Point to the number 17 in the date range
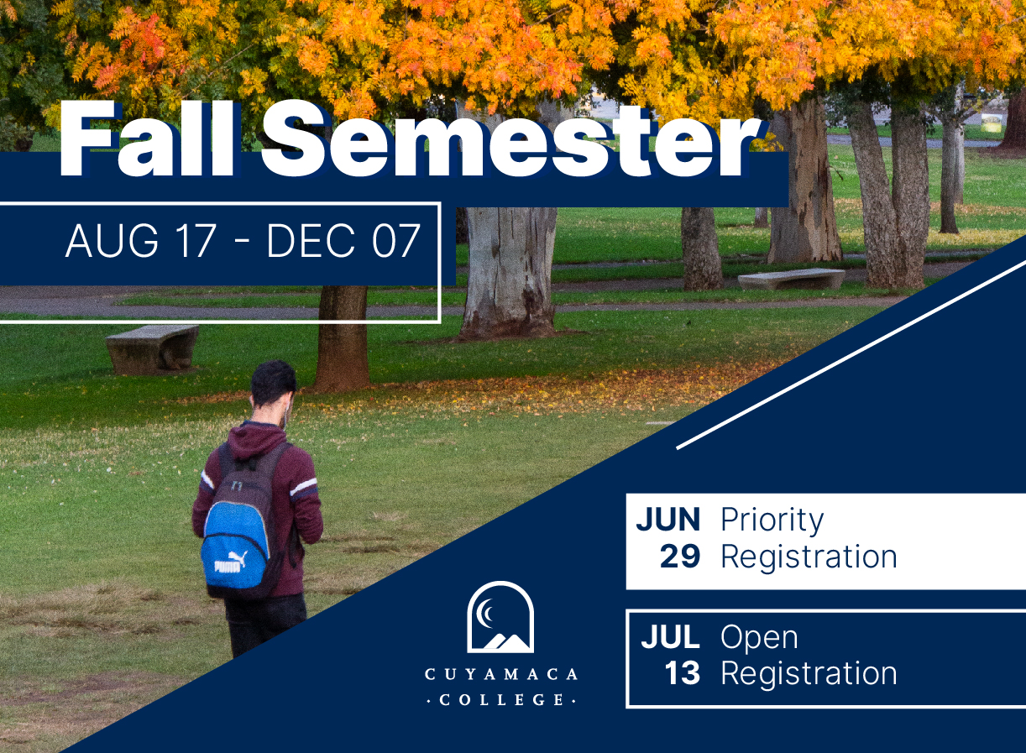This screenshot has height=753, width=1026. [196, 241]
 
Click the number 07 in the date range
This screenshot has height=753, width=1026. [395, 241]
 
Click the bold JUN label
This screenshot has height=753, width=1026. [668, 520]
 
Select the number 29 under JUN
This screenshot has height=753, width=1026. [680, 557]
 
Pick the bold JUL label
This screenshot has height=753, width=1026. [671, 636]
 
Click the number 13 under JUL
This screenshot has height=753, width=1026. [683, 674]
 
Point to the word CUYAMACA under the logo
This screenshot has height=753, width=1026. [501, 674]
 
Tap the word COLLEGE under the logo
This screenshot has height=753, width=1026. [501, 700]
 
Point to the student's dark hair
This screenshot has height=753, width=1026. [273, 384]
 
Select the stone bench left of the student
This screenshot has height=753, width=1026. [152, 349]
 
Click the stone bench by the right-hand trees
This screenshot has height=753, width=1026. [792, 279]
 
